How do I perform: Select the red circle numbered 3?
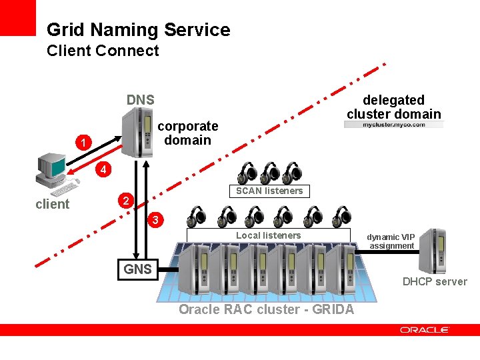tap(155, 219)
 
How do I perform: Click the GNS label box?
tap(138, 269)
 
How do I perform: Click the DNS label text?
tap(141, 100)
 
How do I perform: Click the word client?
tap(52, 204)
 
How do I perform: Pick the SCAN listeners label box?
tap(269, 191)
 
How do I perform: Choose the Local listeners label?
tap(268, 235)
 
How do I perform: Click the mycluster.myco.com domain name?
tap(394, 125)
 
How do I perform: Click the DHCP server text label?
tap(435, 281)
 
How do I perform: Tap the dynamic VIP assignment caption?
tap(391, 241)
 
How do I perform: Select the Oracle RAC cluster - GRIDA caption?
tap(267, 309)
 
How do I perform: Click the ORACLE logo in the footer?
tap(425, 329)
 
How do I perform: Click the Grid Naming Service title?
tap(138, 30)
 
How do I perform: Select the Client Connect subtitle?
tap(103, 51)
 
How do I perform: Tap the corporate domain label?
tap(187, 133)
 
